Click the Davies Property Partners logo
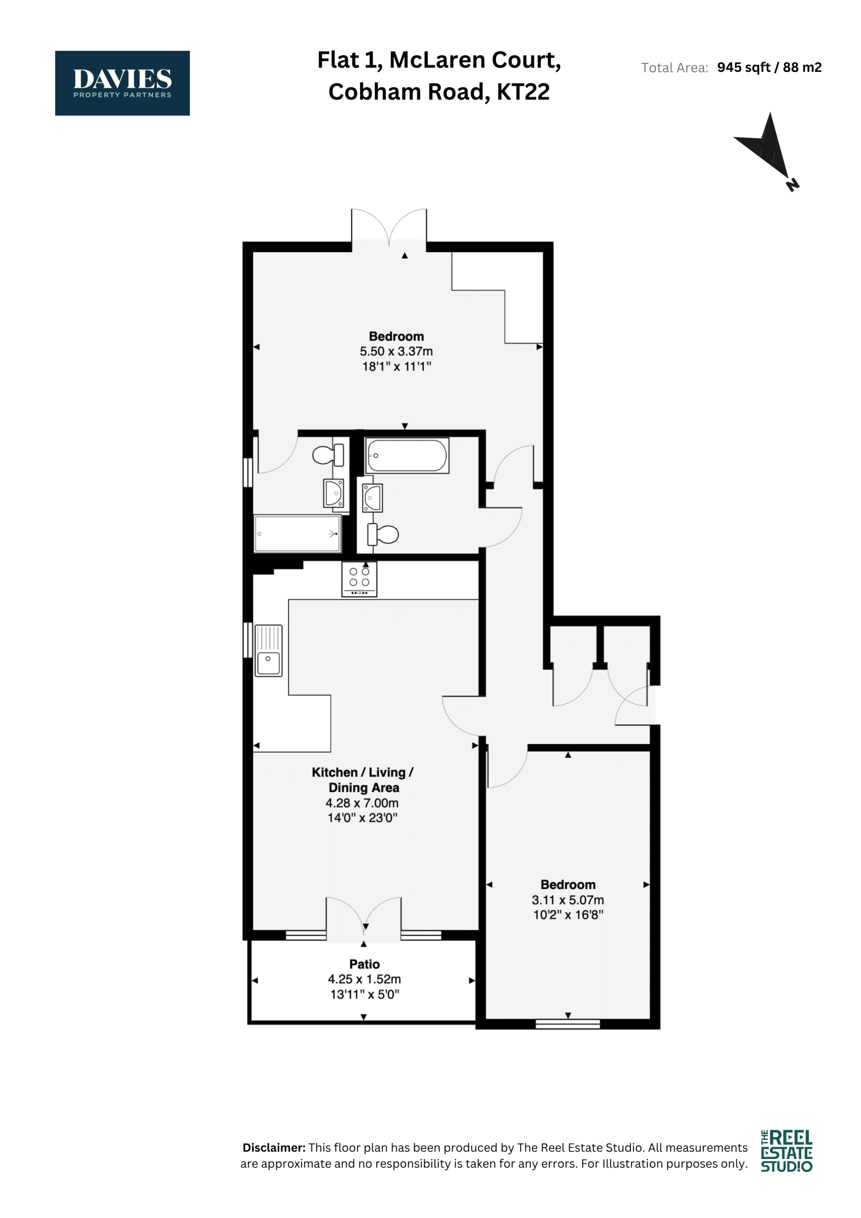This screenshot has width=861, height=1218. coord(122,83)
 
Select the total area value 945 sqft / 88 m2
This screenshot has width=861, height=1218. coord(769,68)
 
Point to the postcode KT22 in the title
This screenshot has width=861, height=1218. coord(523,92)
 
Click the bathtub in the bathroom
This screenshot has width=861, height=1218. coord(407,455)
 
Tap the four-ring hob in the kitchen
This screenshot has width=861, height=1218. coord(359,580)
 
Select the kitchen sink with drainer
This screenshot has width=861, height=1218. coord(268,650)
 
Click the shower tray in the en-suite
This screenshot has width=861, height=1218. coord(297,533)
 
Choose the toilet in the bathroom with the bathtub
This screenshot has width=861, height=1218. coord(382,534)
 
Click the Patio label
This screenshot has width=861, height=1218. coord(364,964)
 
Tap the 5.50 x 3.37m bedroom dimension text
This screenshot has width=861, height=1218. coord(396,351)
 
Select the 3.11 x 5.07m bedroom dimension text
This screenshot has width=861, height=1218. coord(567,900)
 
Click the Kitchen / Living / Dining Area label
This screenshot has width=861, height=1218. coord(363,780)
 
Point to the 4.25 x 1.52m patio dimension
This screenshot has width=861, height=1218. coord(364,979)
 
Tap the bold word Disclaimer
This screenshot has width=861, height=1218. coord(274,1148)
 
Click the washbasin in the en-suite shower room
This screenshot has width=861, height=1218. coord(333,493)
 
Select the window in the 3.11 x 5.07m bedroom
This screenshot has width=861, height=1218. coord(567,1024)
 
